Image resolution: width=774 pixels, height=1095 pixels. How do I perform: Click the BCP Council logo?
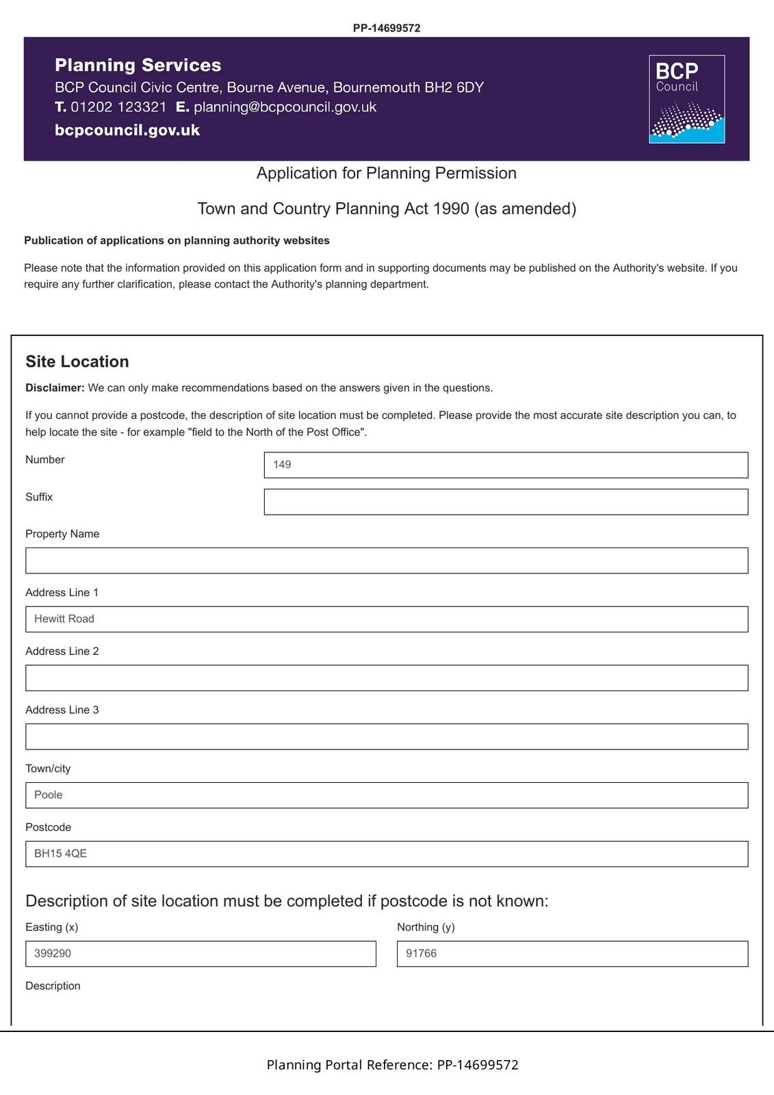pos(686,99)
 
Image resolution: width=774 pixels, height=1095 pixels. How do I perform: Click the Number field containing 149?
pos(506,465)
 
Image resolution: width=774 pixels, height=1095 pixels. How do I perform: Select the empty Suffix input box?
pos(506,502)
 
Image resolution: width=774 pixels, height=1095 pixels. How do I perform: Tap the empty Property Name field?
pos(387,561)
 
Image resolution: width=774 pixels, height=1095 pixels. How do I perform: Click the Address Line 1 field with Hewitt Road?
pos(387,619)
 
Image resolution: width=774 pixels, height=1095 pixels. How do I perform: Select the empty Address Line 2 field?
pos(387,678)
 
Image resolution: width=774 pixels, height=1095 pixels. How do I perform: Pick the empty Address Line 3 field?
pos(387,737)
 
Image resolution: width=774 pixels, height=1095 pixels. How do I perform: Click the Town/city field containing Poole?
pos(387,795)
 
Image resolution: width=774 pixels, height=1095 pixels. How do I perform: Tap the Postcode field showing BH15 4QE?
pos(387,854)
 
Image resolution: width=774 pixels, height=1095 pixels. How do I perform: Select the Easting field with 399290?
pos(201,954)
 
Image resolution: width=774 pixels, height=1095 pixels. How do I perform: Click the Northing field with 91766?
pos(572,954)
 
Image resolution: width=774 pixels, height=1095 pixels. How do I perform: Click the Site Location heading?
pos(77,361)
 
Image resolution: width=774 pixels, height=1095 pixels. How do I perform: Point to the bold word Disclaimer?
pos(55,388)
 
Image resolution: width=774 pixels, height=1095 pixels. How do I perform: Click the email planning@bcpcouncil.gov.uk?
pos(285,107)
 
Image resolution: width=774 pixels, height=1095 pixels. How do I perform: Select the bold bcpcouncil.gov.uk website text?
pos(127,130)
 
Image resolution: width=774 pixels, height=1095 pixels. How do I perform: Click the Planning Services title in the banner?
pos(138,65)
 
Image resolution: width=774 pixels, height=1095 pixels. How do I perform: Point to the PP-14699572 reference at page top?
pos(387,28)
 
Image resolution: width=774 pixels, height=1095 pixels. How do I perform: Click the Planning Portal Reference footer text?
pos(392,1065)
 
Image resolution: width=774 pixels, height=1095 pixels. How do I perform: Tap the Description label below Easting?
pos(53,986)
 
